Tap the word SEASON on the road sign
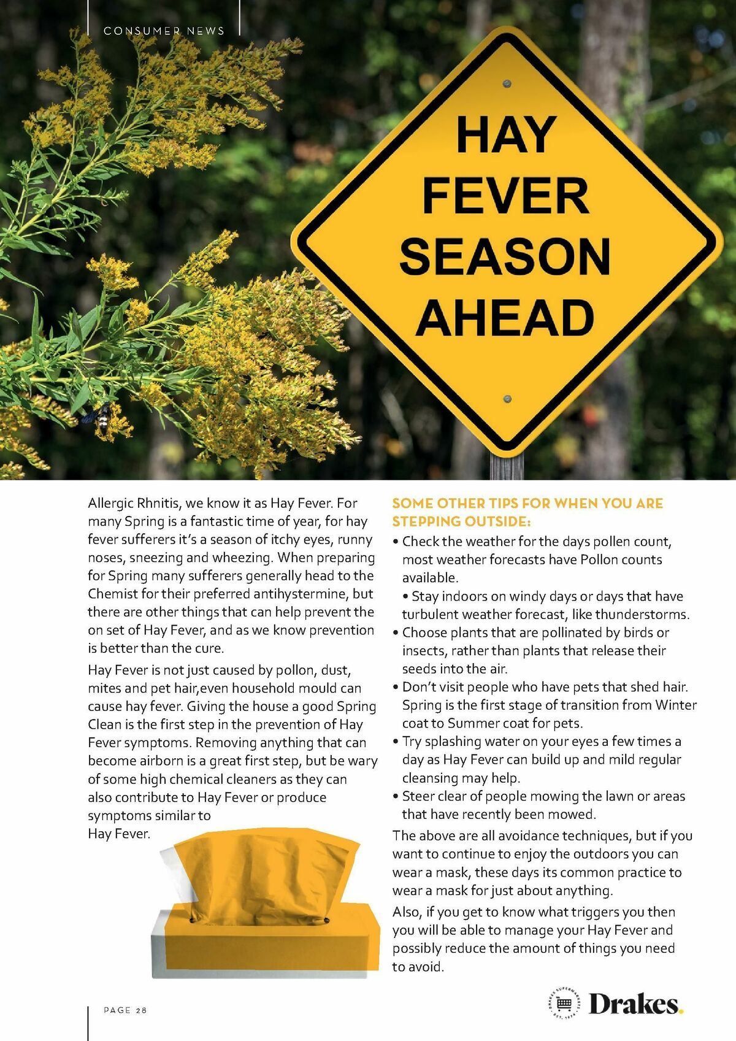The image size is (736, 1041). (x=505, y=257)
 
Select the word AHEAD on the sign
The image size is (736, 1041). (x=505, y=318)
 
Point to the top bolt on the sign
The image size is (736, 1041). (x=507, y=83)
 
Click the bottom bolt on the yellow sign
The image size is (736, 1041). (x=507, y=399)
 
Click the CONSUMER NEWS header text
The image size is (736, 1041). (x=164, y=31)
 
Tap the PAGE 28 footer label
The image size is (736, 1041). (x=125, y=1010)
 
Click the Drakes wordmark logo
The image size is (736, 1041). (x=635, y=1004)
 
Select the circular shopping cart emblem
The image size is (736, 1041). (x=564, y=1004)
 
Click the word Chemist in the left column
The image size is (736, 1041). (x=113, y=594)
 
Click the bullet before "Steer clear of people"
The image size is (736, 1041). (x=396, y=796)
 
